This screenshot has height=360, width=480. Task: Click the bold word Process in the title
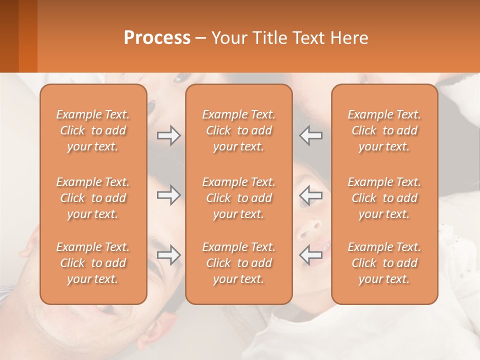(157, 38)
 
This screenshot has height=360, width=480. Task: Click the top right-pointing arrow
(168, 135)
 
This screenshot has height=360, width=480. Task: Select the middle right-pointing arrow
(168, 195)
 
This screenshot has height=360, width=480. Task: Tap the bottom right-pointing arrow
(168, 255)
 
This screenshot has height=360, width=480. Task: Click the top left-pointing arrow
(311, 135)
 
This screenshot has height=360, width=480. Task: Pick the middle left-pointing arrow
(311, 195)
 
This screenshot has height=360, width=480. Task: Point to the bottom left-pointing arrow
(311, 255)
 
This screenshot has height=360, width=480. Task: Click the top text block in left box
(93, 130)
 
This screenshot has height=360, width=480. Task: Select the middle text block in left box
(93, 198)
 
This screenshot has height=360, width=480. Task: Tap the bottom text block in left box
(93, 263)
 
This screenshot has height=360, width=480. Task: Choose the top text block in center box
(238, 130)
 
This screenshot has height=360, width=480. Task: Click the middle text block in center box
(238, 198)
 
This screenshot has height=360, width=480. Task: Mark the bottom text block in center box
(238, 263)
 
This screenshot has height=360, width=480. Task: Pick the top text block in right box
(384, 130)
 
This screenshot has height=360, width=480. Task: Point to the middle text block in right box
(384, 198)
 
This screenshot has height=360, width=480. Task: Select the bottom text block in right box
(384, 263)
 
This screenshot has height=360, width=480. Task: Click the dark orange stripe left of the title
(27, 36)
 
